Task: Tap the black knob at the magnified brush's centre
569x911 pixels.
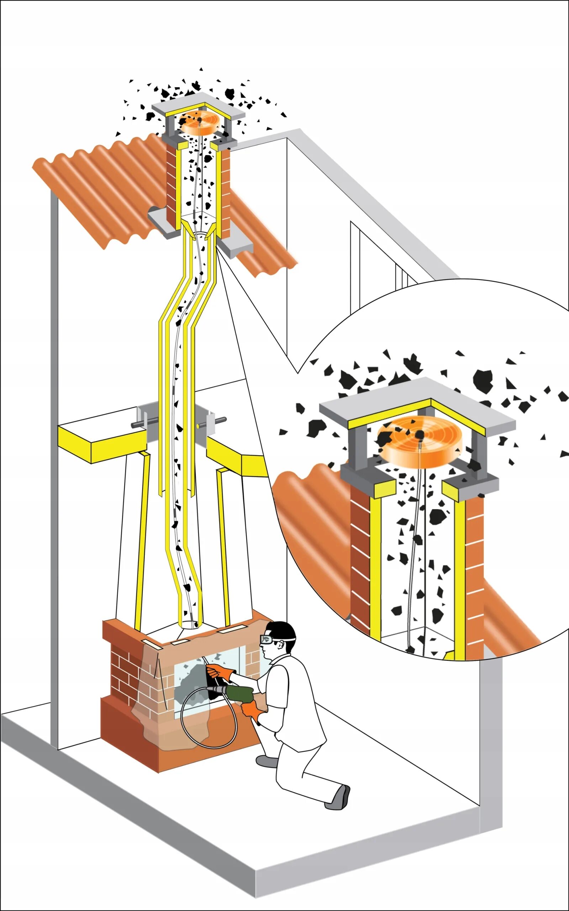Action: (x=420, y=435)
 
